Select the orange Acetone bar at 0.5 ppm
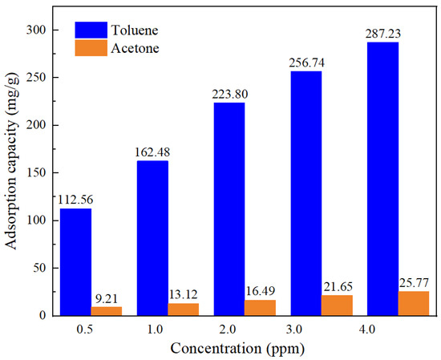(107, 311)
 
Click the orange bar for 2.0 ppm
(261, 308)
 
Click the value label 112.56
(75, 200)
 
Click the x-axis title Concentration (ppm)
(237, 349)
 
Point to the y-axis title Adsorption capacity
(13, 172)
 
